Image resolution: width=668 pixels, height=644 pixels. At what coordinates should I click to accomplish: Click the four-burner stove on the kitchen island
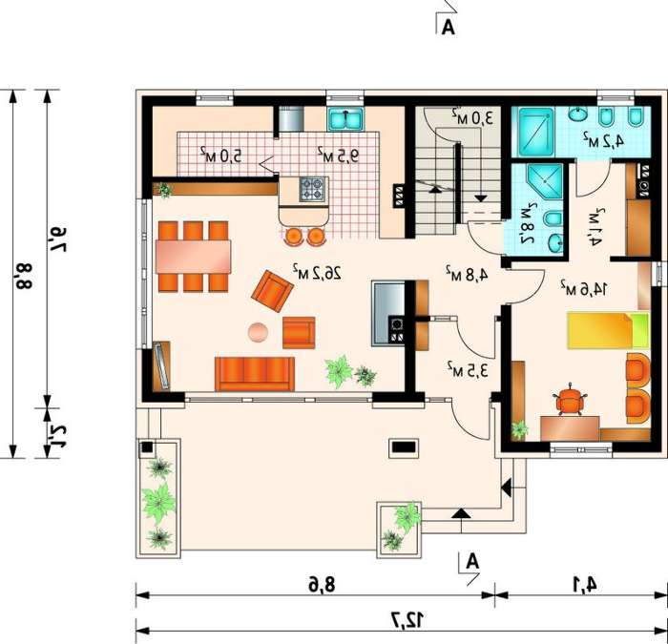point(313,189)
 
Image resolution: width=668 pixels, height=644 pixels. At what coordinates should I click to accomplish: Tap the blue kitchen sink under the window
point(345,119)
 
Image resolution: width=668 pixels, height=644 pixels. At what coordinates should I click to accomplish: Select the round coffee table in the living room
point(258,333)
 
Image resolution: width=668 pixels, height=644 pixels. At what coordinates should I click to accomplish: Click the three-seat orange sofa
point(255,374)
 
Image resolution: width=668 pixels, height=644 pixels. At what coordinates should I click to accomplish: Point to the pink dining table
point(194,257)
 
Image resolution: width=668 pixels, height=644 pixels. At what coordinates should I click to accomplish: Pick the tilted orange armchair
point(272,291)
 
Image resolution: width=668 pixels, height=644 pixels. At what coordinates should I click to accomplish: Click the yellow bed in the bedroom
point(608,330)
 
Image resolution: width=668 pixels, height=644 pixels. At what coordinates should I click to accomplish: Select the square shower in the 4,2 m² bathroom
point(536,132)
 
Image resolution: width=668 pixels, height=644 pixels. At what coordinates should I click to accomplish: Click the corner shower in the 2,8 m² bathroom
point(545,182)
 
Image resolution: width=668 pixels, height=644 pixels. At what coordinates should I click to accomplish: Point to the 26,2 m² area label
point(317,273)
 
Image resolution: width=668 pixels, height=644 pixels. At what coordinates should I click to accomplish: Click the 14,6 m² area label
point(584,288)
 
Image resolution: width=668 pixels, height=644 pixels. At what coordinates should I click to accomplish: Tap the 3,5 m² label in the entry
point(468,369)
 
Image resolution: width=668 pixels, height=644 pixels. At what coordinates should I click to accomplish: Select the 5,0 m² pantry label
point(220,155)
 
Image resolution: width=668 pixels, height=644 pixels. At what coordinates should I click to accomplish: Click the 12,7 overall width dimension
point(407,619)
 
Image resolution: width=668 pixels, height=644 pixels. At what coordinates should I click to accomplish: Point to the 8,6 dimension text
point(323,585)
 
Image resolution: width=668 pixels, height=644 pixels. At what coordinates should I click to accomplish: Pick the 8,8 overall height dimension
point(24,276)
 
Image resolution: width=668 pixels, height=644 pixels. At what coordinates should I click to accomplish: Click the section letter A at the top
point(449,28)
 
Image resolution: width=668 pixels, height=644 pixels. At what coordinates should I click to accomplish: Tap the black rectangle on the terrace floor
point(404,447)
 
